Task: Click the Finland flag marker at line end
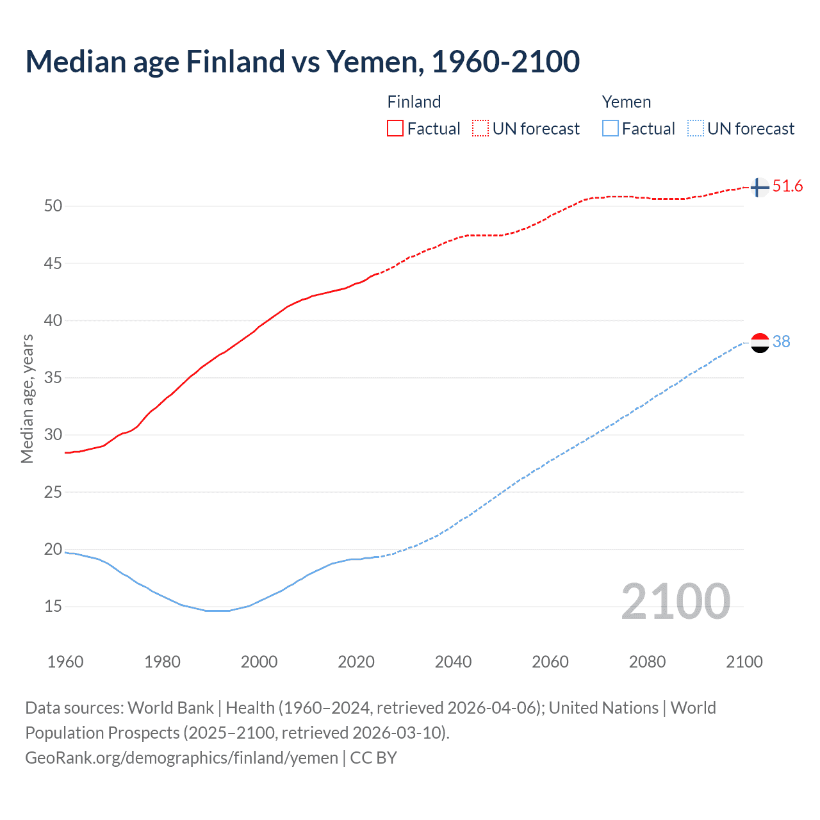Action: [759, 188]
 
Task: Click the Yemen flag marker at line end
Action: [760, 343]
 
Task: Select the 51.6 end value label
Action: [787, 186]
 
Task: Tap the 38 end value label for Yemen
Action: [781, 342]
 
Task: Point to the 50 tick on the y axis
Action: [53, 206]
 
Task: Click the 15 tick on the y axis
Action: [53, 606]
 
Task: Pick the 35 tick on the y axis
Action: [53, 377]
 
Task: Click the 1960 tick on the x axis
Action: [65, 662]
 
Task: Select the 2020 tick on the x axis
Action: [356, 662]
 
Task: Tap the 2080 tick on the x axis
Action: [647, 662]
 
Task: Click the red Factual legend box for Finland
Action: [395, 129]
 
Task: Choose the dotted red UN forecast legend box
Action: [480, 129]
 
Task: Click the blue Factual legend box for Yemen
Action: [610, 129]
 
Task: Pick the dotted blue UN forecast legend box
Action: [695, 129]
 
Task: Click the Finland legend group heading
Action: [414, 102]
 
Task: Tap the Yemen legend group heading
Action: [626, 102]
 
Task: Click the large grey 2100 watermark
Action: [675, 602]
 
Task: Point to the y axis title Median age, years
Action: [27, 398]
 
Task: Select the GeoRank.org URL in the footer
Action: [181, 758]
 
